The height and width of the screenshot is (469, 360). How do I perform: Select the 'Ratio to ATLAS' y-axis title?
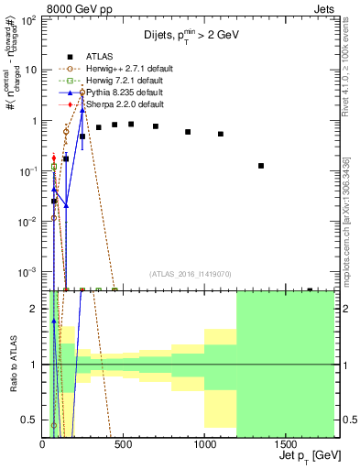point(12,365)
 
